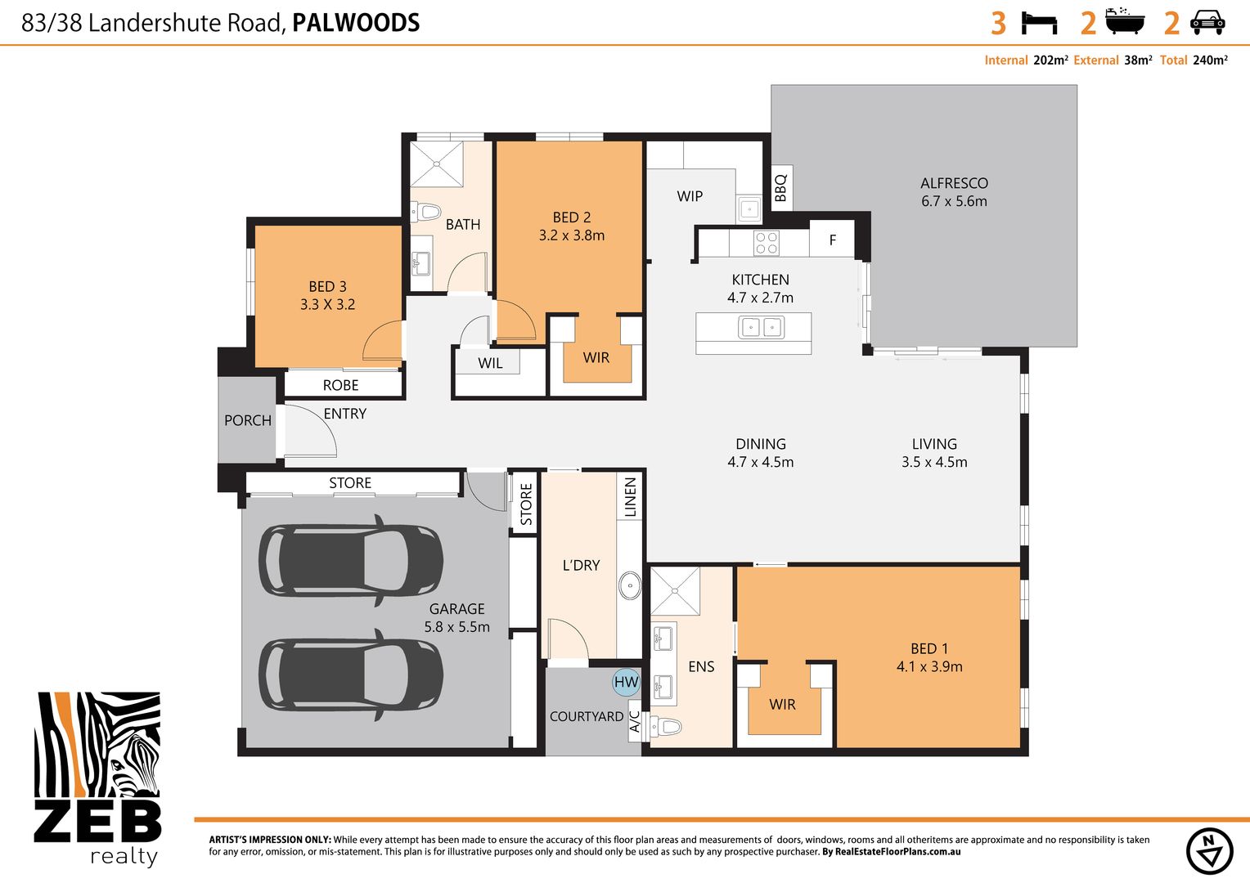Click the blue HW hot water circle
tap(626, 682)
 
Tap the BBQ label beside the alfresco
tap(780, 187)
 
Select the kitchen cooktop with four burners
tap(767, 243)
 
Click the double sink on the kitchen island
tap(761, 327)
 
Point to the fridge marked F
tap(832, 240)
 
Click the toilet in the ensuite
tap(667, 726)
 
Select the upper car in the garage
tap(351, 561)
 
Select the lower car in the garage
tap(351, 675)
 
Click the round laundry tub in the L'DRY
tap(630, 585)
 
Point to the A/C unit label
tap(635, 722)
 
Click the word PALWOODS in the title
tap(356, 23)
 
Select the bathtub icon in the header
tap(1124, 21)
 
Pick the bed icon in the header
tap(1039, 23)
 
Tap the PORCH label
tap(247, 420)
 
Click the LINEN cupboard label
tap(630, 497)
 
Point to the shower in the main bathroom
tap(436, 164)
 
